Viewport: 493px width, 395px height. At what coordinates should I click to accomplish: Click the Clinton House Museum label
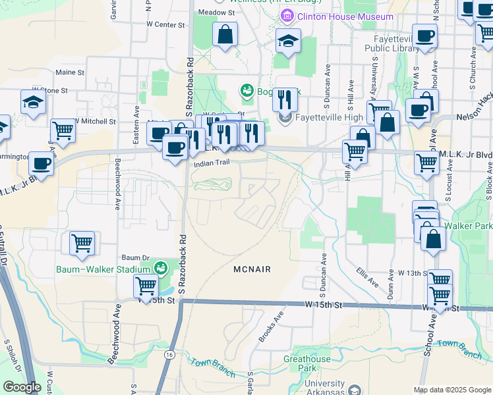point(345,16)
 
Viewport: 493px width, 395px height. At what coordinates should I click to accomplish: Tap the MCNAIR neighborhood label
point(252,269)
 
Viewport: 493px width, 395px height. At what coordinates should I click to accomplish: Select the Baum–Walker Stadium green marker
point(159,269)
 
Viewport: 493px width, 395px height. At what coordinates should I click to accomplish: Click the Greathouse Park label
point(307,363)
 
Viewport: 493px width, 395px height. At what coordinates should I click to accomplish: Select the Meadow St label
point(216,13)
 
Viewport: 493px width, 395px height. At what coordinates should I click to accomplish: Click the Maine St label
point(71,72)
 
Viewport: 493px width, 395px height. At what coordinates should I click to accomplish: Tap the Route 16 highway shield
point(170,354)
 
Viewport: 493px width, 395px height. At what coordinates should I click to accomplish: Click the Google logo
point(22,387)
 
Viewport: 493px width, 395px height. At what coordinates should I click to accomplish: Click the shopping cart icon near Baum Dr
point(82,243)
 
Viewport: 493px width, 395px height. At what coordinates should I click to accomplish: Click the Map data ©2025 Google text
point(451,390)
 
